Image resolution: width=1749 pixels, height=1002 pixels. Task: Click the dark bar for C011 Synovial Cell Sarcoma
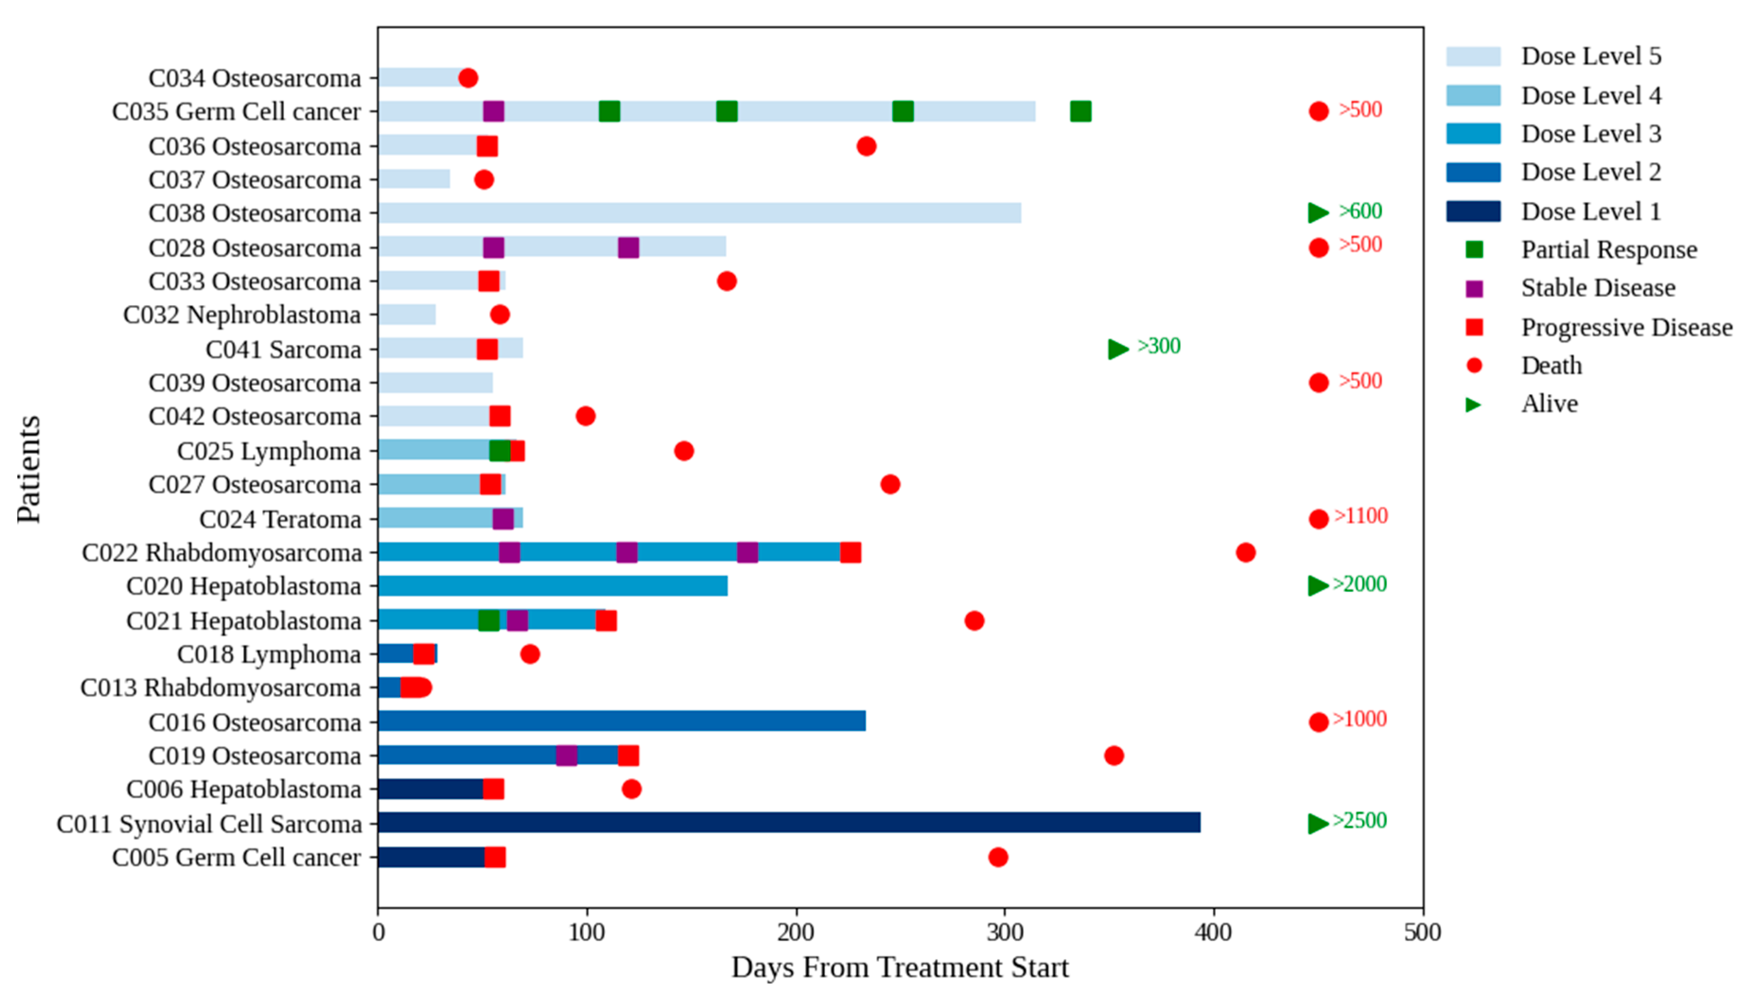[x=788, y=822]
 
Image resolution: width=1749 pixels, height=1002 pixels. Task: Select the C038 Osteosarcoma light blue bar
[x=699, y=213]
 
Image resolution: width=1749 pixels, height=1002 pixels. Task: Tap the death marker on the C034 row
[x=468, y=78]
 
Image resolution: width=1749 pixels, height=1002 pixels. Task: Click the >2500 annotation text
[x=1359, y=821]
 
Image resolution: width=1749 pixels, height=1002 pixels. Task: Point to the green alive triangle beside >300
[x=1118, y=349]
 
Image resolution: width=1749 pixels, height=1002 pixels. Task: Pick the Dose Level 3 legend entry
[x=1590, y=133]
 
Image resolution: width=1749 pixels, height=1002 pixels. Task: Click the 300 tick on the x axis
[x=1005, y=933]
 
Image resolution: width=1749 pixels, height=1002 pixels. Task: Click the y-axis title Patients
[x=29, y=469]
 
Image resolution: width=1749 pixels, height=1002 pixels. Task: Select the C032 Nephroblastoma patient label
[x=242, y=314]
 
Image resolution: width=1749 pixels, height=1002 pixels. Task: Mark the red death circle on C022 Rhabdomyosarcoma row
[x=1245, y=552]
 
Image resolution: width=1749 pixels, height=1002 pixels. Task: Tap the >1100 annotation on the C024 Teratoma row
[x=1361, y=516]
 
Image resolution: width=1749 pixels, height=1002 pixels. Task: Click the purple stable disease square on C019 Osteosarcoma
[x=566, y=755]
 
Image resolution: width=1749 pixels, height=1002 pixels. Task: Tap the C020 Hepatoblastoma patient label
[x=244, y=587]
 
